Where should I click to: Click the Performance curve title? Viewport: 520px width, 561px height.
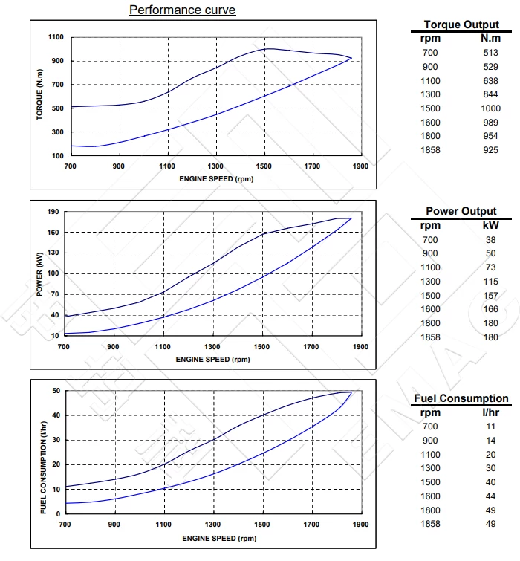click(x=182, y=10)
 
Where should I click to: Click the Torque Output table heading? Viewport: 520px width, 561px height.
click(x=461, y=25)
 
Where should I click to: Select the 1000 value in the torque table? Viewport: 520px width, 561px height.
click(x=490, y=108)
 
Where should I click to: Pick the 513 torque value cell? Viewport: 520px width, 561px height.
click(x=490, y=52)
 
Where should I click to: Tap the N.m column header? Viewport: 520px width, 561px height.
click(x=490, y=39)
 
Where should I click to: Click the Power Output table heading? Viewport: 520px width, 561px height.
click(x=461, y=211)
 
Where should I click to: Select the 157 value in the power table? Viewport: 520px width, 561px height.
click(x=490, y=295)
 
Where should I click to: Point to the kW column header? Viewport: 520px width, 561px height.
click(x=490, y=225)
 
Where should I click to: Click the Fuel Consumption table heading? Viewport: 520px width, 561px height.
click(x=461, y=398)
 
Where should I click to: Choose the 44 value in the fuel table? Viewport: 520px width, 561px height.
click(x=490, y=496)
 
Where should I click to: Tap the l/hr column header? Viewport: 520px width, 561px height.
click(x=490, y=412)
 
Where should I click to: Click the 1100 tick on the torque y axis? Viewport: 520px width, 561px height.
click(x=56, y=37)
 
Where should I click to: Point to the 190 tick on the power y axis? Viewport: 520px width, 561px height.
click(x=53, y=212)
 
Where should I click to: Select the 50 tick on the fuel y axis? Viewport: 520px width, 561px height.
click(x=55, y=390)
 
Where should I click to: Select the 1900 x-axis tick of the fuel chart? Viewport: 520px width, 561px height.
click(x=360, y=525)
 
